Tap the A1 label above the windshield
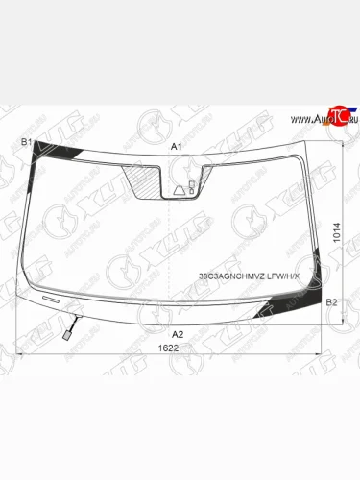point(176,146)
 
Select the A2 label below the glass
point(177,333)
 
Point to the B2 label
point(332,303)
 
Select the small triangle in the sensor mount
point(180,190)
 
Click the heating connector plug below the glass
point(67,336)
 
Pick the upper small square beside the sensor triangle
point(193,183)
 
